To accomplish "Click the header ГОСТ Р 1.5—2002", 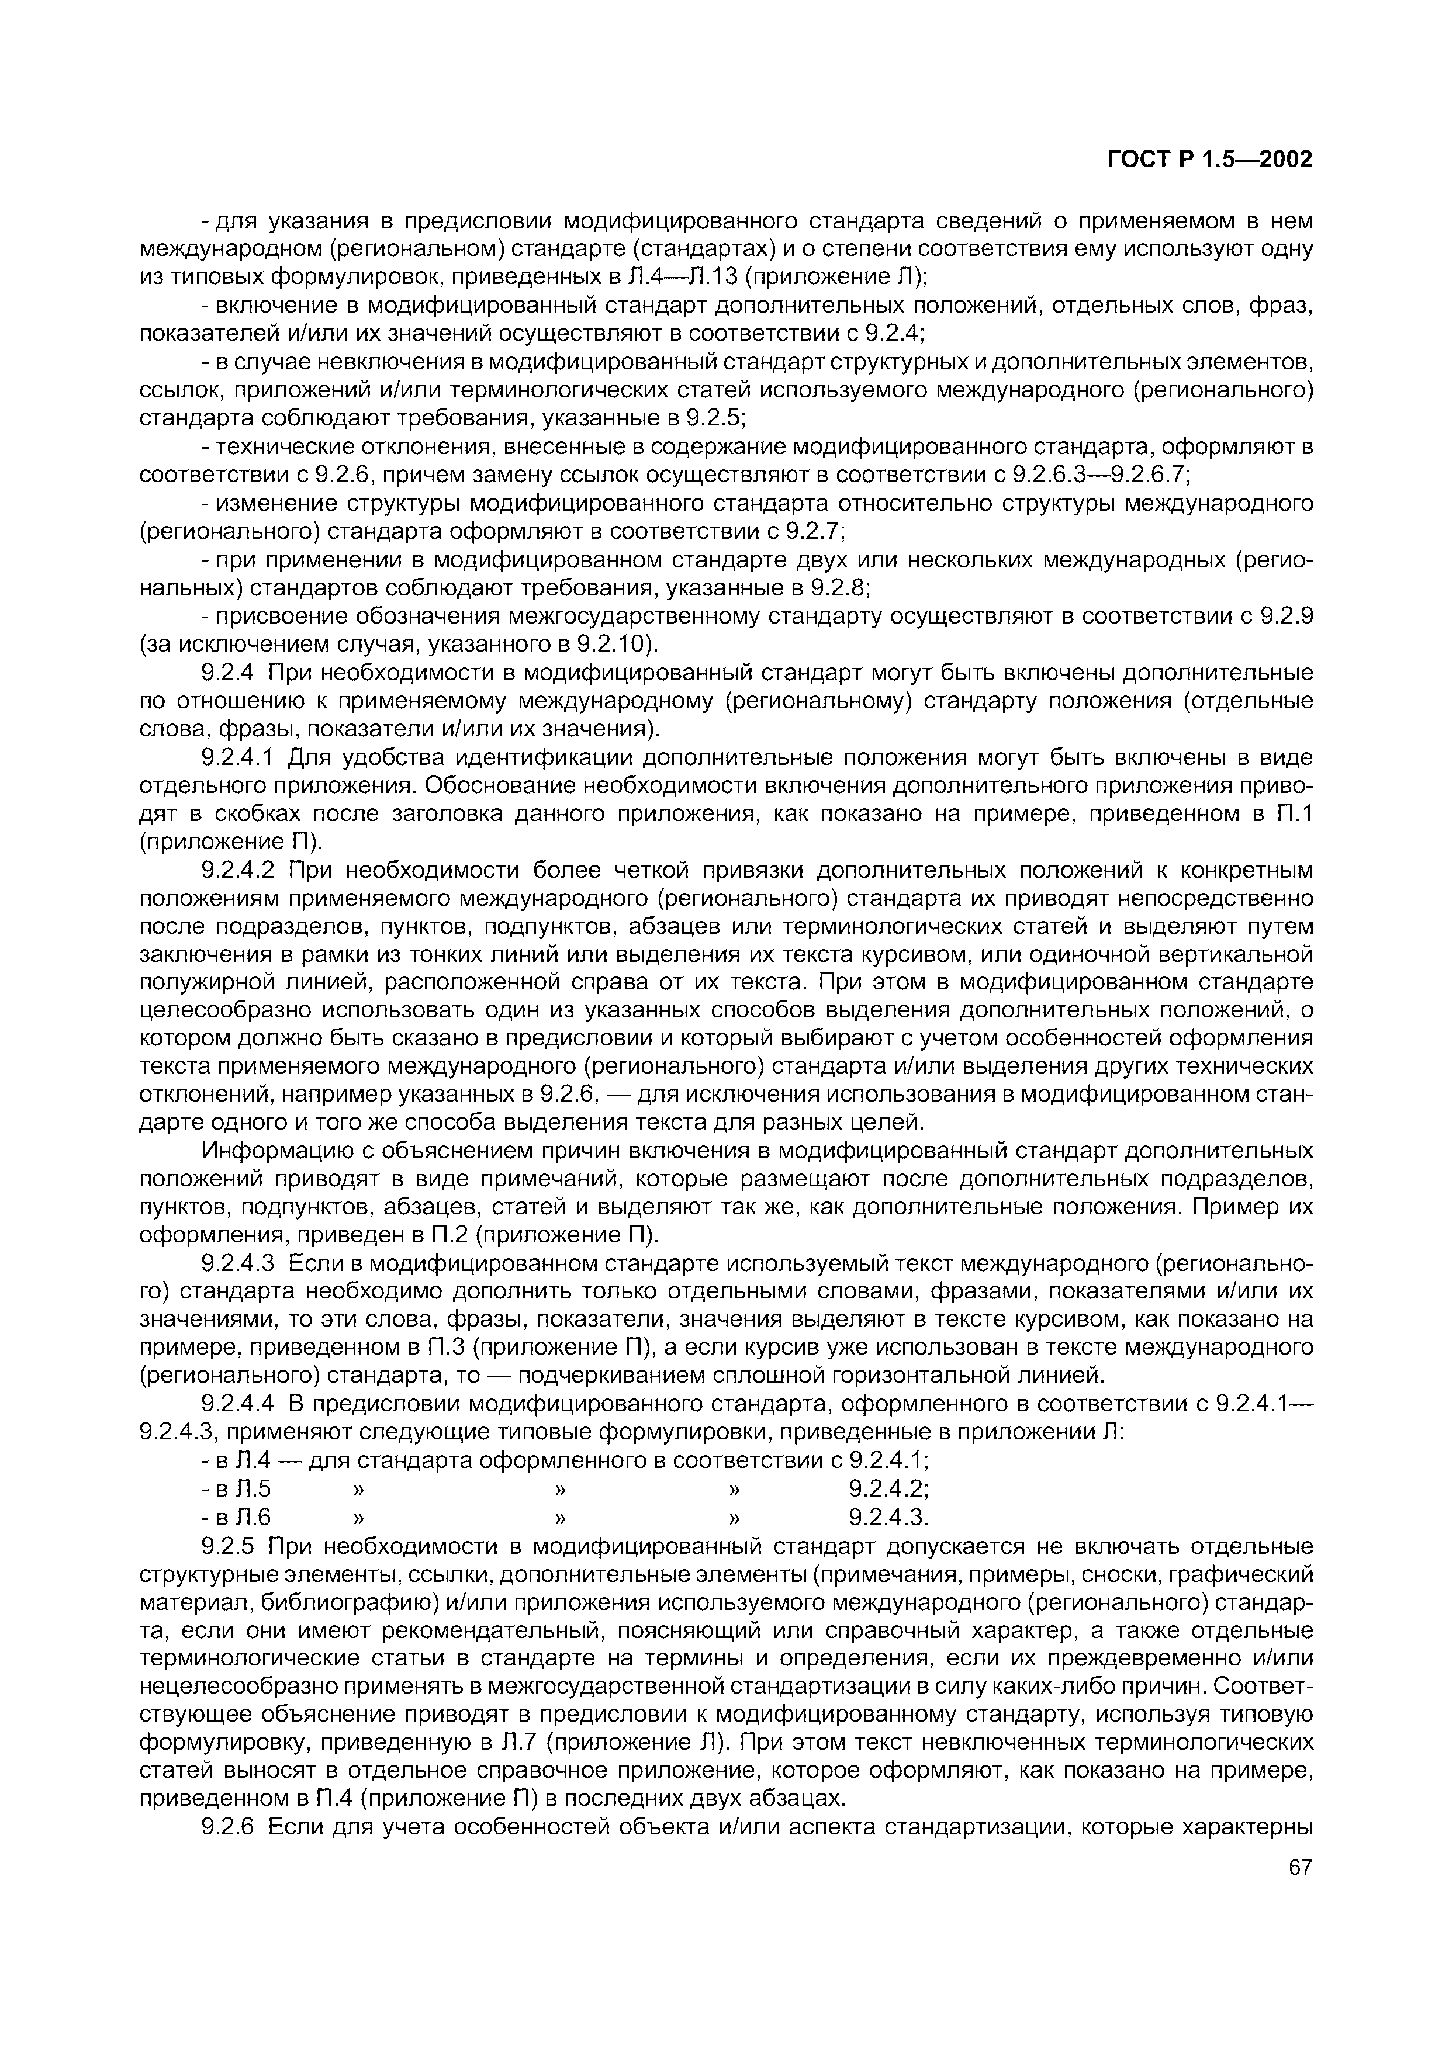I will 1209,160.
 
